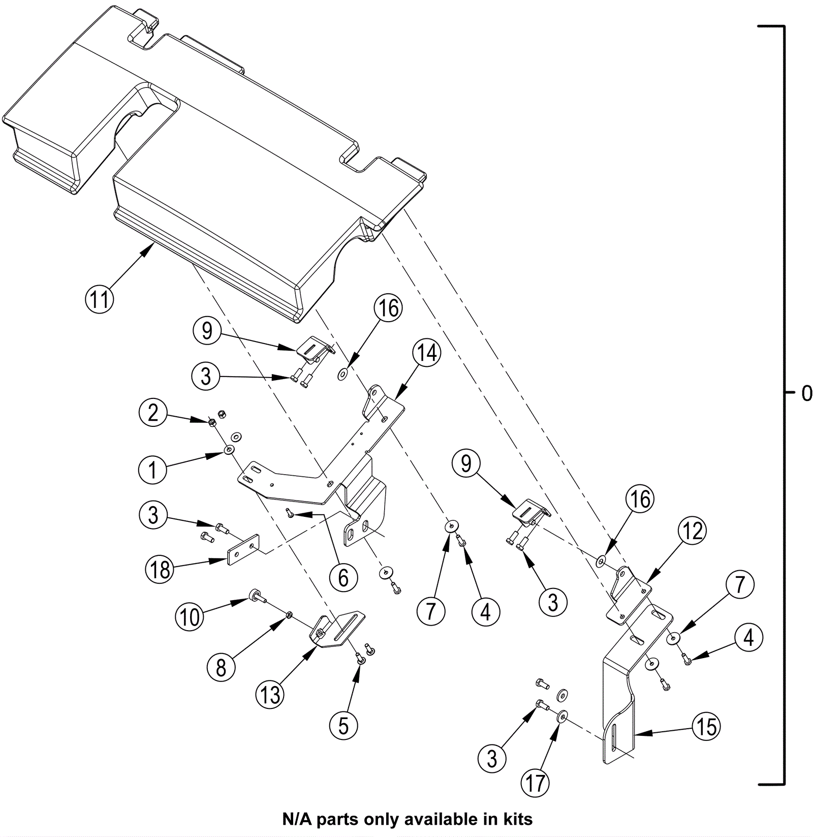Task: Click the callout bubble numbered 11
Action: pos(99,298)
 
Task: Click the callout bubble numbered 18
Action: pos(160,570)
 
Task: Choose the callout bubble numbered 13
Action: pos(271,694)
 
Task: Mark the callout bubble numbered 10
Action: pos(190,618)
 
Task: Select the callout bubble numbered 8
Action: pos(221,667)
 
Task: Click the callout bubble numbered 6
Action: pos(343,578)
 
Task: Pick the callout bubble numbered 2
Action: pos(153,413)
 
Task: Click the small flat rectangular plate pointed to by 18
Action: pos(243,550)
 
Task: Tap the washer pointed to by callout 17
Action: pos(562,717)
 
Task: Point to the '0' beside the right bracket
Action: pos(806,393)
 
